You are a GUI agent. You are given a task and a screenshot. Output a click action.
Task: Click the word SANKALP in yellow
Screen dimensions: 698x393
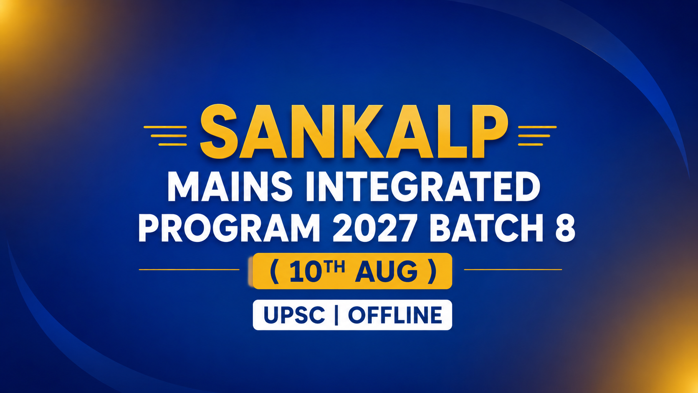tap(354, 131)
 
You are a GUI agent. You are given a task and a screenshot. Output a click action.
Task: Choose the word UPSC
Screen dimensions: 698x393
tap(294, 315)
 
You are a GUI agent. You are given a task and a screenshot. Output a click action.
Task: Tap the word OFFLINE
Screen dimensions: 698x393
tap(395, 315)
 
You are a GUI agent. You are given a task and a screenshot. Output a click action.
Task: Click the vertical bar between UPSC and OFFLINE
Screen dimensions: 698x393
tap(336, 315)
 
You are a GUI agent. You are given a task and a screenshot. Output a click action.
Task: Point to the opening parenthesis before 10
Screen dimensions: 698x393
tap(274, 271)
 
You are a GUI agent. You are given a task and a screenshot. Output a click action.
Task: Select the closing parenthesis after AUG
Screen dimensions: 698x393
tap(432, 271)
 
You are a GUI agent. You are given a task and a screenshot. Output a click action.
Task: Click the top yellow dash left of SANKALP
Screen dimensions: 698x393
tap(165, 127)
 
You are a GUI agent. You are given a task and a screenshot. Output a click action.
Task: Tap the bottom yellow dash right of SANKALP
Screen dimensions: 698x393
tap(530, 145)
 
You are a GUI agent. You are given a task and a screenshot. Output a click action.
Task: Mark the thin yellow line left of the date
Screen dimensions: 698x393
tap(189, 269)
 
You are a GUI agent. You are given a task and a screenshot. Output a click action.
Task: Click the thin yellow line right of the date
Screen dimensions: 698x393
tap(513, 269)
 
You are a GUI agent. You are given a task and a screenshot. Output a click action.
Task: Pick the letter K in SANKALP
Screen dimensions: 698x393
tap(362, 131)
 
